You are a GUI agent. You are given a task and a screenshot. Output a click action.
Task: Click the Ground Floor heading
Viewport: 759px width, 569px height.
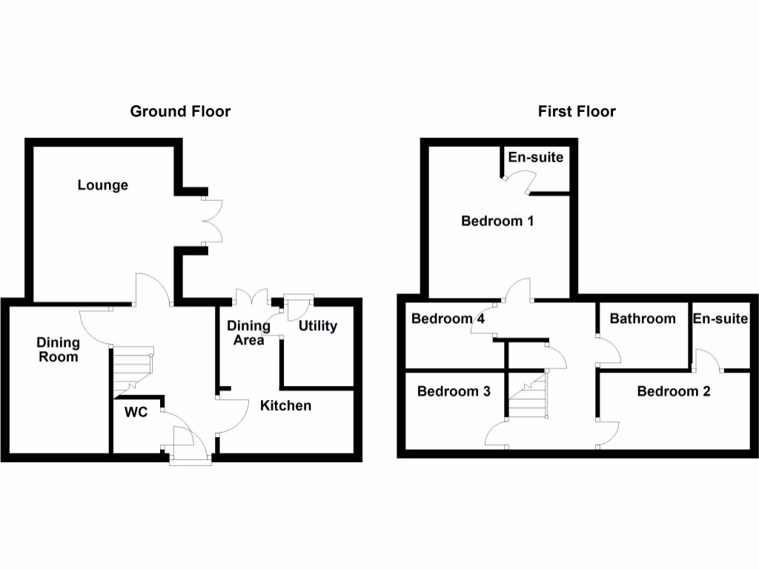180,112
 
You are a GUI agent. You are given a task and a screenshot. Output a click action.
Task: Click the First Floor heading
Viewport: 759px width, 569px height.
577,112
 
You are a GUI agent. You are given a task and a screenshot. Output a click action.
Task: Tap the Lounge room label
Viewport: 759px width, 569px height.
103,185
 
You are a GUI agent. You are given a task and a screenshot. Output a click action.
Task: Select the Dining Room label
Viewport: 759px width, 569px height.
58,350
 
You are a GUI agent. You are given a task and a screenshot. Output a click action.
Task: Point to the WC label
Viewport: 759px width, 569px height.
136,412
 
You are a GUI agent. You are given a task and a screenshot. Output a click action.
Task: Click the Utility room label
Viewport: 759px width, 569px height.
317,326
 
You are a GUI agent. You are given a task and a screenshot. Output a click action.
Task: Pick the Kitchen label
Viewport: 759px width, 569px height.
285,405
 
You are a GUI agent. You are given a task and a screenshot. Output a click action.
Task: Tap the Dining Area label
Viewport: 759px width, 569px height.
245,333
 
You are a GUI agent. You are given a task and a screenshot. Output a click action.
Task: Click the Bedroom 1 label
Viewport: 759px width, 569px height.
497,221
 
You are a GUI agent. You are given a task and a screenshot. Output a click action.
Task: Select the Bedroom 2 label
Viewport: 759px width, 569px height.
674,391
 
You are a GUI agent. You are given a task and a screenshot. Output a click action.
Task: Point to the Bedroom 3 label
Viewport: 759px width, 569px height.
454,391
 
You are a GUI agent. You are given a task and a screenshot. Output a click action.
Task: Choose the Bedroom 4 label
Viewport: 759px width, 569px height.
448,319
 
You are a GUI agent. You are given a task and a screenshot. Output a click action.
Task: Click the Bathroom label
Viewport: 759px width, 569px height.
643,319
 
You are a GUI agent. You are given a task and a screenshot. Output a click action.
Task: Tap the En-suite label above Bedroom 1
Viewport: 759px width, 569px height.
535,157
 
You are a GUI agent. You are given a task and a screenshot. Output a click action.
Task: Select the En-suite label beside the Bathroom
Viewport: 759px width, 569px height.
720,319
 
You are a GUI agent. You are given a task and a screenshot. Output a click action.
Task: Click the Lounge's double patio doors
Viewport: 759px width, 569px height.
212,221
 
